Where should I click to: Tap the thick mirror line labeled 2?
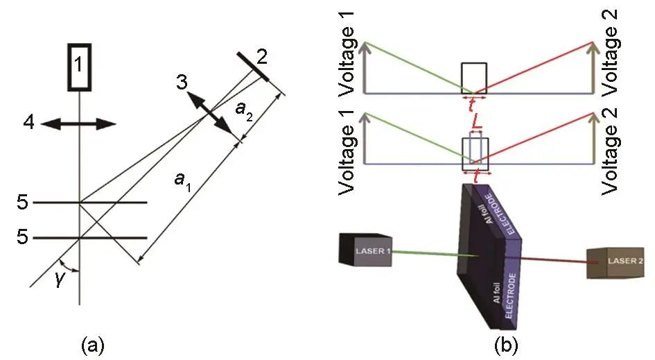pos(253,67)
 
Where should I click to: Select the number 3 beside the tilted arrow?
pos(182,83)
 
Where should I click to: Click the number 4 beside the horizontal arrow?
pos(29,123)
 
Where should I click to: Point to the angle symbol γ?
pos(60,279)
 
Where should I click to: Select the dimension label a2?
pos(244,110)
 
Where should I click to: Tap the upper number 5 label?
pos(23,203)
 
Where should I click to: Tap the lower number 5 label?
pos(23,237)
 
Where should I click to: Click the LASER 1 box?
pos(365,250)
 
